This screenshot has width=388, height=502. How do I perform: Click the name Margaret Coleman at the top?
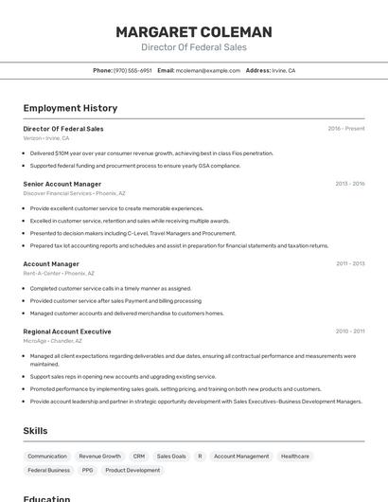pyautogui.click(x=193, y=32)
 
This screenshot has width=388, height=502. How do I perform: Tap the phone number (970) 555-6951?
pyautogui.click(x=132, y=71)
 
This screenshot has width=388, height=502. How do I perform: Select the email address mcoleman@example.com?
pyautogui.click(x=208, y=71)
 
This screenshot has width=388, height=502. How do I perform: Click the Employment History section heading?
pyautogui.click(x=70, y=108)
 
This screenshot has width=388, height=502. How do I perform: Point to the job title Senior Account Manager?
pyautogui.click(x=62, y=184)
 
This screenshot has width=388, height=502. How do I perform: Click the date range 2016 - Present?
pyautogui.click(x=346, y=129)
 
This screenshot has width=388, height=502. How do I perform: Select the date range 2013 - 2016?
pyautogui.click(x=349, y=184)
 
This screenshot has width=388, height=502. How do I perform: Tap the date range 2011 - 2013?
pyautogui.click(x=350, y=264)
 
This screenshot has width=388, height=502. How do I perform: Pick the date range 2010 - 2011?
pyautogui.click(x=350, y=332)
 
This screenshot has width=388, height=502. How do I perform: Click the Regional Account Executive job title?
pyautogui.click(x=67, y=332)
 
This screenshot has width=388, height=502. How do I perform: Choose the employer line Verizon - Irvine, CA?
pyautogui.click(x=46, y=138)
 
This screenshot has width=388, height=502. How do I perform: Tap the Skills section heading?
pyautogui.click(x=35, y=431)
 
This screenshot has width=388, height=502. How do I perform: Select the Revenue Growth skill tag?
pyautogui.click(x=99, y=457)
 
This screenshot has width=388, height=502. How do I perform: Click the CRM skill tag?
pyautogui.click(x=139, y=457)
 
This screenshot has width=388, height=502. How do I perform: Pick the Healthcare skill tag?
pyautogui.click(x=295, y=457)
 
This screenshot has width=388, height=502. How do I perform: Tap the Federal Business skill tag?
pyautogui.click(x=48, y=470)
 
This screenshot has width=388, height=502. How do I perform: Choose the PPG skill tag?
pyautogui.click(x=88, y=470)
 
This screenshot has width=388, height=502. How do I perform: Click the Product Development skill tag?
pyautogui.click(x=132, y=470)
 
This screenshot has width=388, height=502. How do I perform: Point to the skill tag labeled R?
pyautogui.click(x=200, y=457)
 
